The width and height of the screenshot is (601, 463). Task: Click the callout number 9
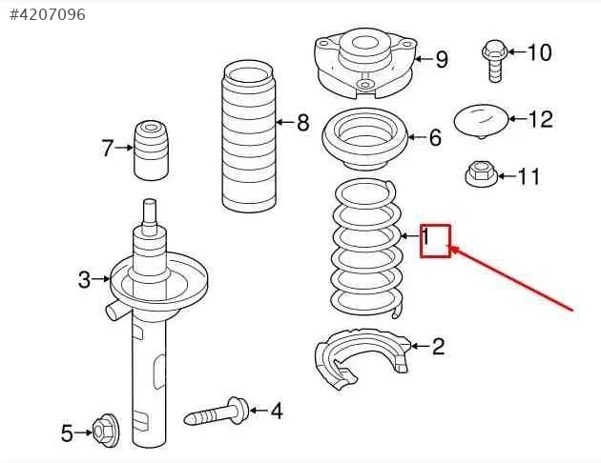coord(442,59)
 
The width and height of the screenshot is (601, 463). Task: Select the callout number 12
coord(541,119)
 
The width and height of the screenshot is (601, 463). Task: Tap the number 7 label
coord(108,148)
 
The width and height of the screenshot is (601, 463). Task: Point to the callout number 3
coord(84,279)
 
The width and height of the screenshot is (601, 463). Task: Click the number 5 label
coord(67,433)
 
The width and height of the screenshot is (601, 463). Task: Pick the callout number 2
coord(439,346)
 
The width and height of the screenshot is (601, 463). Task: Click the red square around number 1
coord(435,241)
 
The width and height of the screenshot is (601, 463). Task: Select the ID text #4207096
coord(47,14)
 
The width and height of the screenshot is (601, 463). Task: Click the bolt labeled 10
coord(494,60)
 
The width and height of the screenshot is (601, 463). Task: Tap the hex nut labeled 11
coord(481,173)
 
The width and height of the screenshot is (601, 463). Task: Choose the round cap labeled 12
coord(481,121)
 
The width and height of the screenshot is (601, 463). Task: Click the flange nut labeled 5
coord(106,431)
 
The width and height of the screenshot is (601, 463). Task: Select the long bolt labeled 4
coord(217,412)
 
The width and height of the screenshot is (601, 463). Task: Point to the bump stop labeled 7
coord(151,151)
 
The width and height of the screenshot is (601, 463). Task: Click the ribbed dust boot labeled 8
coord(248,136)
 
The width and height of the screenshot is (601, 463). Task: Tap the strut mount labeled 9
coord(365,64)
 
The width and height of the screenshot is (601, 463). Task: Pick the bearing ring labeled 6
coord(364,139)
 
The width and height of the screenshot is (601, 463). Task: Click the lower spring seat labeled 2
coord(363,359)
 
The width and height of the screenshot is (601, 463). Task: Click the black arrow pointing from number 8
coord(285,123)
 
